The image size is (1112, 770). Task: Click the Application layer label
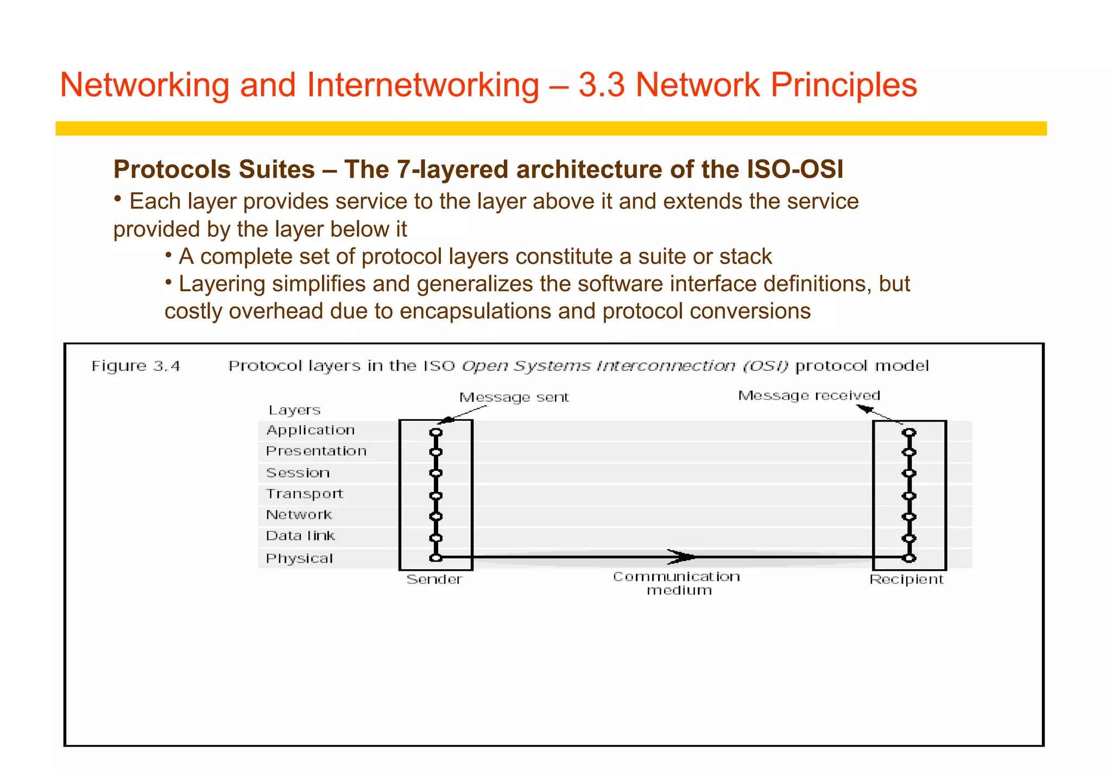tap(310, 430)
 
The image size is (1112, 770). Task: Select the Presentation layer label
tap(316, 451)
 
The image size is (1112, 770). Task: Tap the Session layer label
tap(298, 473)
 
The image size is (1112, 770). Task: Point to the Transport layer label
tap(304, 494)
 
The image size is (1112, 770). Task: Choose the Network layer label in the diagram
tap(299, 515)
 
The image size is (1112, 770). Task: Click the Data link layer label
tap(300, 536)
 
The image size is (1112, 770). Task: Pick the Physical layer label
tap(299, 558)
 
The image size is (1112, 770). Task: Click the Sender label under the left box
tap(434, 579)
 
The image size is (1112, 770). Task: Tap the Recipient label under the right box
tap(906, 579)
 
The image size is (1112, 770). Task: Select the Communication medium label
tap(677, 583)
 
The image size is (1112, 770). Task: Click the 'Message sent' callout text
tap(514, 397)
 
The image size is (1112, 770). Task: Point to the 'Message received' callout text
tap(808, 395)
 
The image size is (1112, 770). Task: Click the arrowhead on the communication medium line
tap(682, 557)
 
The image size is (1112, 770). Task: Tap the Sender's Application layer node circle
tap(435, 433)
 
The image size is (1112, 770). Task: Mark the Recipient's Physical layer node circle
tap(909, 558)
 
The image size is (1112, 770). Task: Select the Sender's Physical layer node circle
tap(435, 558)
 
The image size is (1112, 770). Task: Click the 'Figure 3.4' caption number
tap(136, 366)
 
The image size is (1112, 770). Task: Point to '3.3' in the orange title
tap(601, 85)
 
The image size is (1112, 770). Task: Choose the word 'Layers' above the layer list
tap(294, 411)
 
